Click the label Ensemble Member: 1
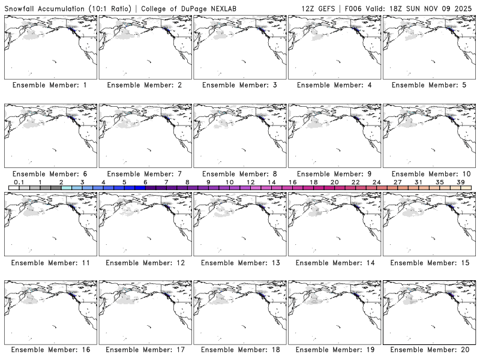tap(50, 85)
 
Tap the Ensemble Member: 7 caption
tap(145, 173)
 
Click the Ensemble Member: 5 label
tap(428, 85)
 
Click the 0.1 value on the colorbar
tap(19, 182)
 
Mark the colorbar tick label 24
tap(376, 182)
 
